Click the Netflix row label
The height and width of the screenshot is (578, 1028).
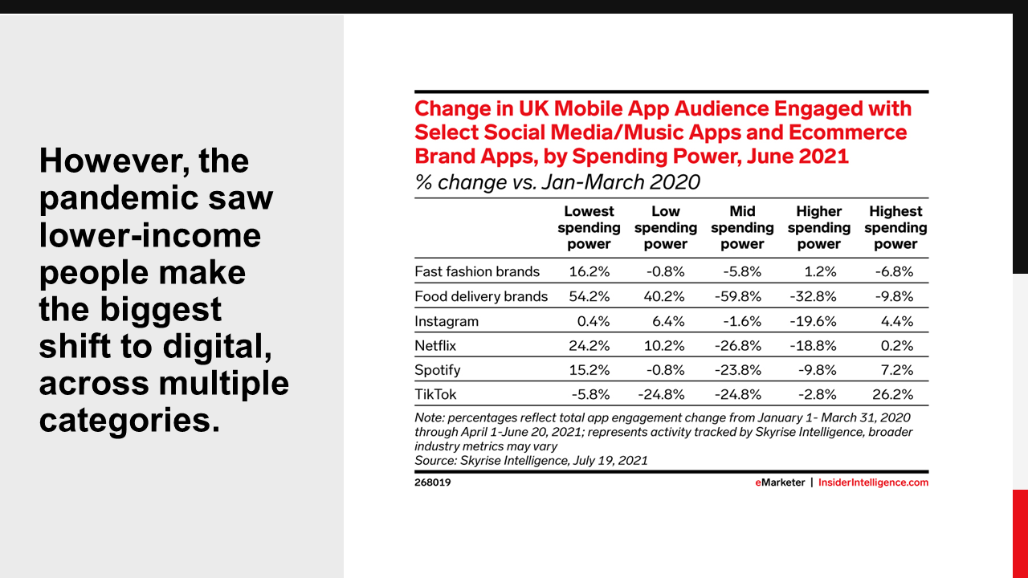tap(435, 346)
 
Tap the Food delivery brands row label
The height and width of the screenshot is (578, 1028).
tap(481, 297)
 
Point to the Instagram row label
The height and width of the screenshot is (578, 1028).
tap(447, 322)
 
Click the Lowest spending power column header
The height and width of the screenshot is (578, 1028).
tap(589, 228)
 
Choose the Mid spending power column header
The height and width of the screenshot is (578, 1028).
tap(742, 228)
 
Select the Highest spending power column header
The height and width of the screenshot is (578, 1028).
tap(895, 228)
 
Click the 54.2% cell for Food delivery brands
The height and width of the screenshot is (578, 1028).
tap(589, 297)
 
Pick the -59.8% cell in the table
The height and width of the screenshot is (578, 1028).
tap(739, 297)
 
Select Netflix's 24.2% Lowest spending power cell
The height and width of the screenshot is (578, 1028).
tap(589, 346)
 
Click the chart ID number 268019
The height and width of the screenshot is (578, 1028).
tap(433, 483)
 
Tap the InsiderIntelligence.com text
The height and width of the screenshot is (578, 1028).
tap(873, 483)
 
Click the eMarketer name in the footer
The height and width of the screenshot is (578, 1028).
tap(780, 483)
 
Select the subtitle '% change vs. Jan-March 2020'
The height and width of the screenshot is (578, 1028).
tap(557, 182)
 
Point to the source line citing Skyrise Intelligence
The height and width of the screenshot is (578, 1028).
tap(531, 461)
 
